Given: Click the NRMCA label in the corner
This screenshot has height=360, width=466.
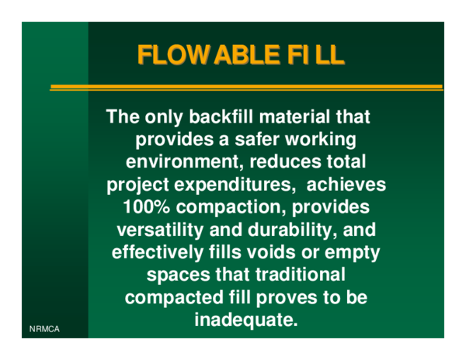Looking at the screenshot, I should point(44,330).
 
